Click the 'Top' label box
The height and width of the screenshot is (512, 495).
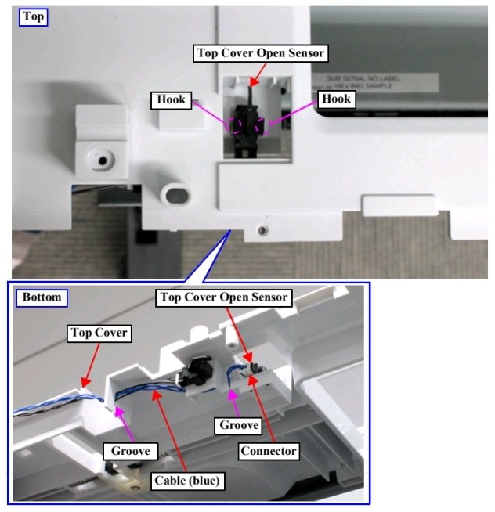(33, 16)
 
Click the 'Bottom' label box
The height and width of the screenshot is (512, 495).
(42, 297)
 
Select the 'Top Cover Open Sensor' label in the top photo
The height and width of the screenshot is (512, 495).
(259, 53)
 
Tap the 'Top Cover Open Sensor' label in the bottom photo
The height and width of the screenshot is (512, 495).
(223, 297)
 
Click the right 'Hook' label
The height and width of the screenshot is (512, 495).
(335, 99)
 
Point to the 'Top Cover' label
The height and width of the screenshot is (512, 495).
(98, 333)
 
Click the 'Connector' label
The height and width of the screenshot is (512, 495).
(269, 451)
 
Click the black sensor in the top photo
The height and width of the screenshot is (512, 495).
(250, 125)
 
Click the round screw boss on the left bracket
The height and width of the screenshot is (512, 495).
(102, 160)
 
